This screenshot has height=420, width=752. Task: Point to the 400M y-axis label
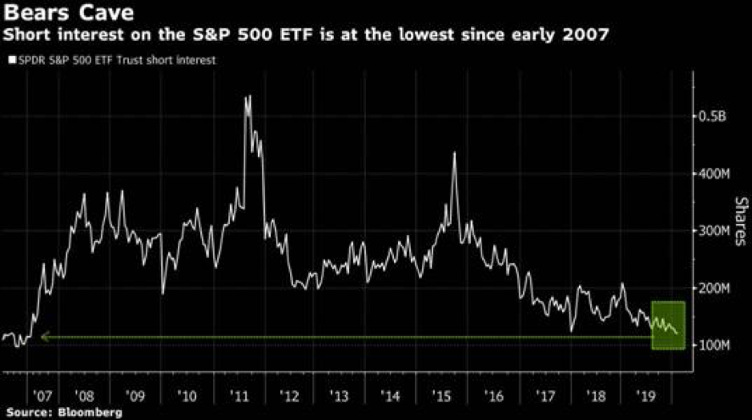tap(711, 174)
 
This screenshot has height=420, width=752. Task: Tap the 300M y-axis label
tap(711, 231)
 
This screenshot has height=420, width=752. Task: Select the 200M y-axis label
tap(711, 288)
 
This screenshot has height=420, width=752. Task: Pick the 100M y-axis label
tap(711, 346)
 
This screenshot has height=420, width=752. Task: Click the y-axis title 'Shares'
tap(740, 222)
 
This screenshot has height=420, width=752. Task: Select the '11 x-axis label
tap(239, 396)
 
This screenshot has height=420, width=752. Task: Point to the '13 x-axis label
tap(340, 396)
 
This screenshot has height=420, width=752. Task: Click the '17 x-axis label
tap(545, 396)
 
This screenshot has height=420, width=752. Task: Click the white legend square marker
tap(10, 59)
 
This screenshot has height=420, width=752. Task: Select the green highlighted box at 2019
tap(668, 325)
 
